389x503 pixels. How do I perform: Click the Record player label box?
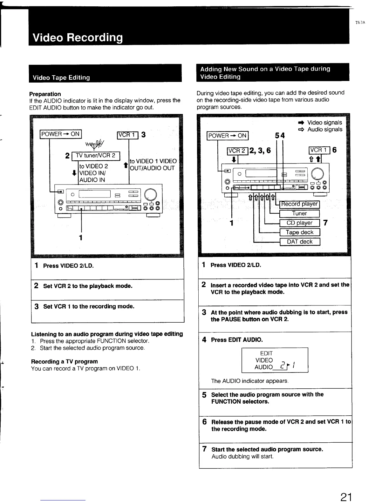pyautogui.click(x=299, y=204)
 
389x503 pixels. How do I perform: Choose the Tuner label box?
pyautogui.click(x=299, y=213)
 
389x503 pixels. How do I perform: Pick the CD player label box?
pyautogui.click(x=299, y=223)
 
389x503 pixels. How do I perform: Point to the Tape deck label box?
pyautogui.click(x=299, y=232)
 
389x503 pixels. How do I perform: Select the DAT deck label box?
pyautogui.click(x=299, y=242)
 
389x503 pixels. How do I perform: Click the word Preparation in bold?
pyautogui.click(x=45, y=94)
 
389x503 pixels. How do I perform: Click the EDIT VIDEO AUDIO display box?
pyautogui.click(x=275, y=360)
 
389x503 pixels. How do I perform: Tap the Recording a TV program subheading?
pyautogui.click(x=64, y=361)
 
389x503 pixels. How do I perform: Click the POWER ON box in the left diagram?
pyautogui.click(x=60, y=134)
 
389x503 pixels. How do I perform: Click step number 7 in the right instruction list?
pyautogui.click(x=205, y=449)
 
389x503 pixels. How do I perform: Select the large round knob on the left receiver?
pyautogui.click(x=150, y=194)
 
